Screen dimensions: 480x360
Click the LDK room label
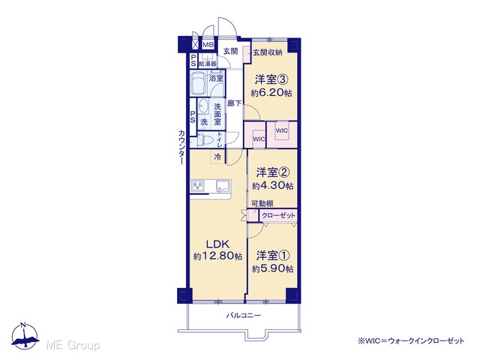click(x=217, y=244)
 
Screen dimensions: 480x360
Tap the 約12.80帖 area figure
click(x=217, y=256)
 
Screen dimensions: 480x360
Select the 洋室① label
click(x=273, y=255)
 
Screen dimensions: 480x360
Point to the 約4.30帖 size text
click(x=272, y=185)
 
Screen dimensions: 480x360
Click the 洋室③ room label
click(x=271, y=80)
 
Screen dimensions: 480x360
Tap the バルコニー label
click(x=243, y=315)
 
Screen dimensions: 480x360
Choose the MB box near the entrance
click(x=208, y=45)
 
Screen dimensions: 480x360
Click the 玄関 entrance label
click(x=230, y=51)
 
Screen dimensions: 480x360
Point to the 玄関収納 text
click(x=267, y=52)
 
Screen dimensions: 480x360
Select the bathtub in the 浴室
click(x=198, y=84)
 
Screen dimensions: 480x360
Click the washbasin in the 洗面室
click(x=202, y=107)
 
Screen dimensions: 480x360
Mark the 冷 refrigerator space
click(x=217, y=157)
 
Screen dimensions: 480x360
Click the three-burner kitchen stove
click(x=198, y=185)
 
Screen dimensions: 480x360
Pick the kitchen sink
click(x=223, y=186)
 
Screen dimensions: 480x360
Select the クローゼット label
click(x=278, y=215)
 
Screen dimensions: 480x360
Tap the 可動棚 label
click(x=262, y=203)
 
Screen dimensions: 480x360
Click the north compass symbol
click(x=25, y=335)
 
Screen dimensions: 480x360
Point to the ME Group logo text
click(x=73, y=346)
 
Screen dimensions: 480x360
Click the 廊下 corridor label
click(x=234, y=103)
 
